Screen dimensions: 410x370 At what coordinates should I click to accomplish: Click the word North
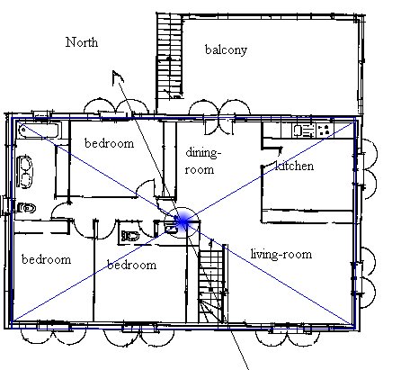coord(82,42)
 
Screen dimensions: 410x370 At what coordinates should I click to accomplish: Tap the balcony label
coord(226,50)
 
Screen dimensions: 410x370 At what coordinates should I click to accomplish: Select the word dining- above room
coord(203,153)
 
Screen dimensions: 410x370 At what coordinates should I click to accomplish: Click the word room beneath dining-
coord(200,170)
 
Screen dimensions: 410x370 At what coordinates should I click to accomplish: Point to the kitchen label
coord(295,166)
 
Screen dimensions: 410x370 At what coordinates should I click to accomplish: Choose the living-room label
coord(281,254)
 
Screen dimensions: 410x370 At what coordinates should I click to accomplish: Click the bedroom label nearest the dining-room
coord(110,143)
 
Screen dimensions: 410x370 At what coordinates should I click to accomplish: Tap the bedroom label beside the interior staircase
coord(132,265)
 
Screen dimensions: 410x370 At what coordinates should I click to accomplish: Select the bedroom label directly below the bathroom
coord(47,259)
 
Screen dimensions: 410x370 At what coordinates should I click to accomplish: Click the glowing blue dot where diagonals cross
coord(183,222)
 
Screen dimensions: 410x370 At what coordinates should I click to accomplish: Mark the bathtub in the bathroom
coord(40,131)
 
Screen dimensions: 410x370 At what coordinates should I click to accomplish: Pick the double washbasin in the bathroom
coord(25,172)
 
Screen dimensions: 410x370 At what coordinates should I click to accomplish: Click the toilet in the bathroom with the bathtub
coord(26,208)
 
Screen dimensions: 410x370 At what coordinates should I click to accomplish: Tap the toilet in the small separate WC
coord(130,236)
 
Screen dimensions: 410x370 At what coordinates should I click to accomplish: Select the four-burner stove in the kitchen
coord(325,131)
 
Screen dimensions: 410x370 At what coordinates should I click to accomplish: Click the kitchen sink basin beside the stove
coord(298,131)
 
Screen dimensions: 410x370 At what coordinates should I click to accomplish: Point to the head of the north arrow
coord(117,77)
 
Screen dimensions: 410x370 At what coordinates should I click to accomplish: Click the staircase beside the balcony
coord(169,57)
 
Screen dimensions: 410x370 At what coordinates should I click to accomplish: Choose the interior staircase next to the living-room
coord(211,286)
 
